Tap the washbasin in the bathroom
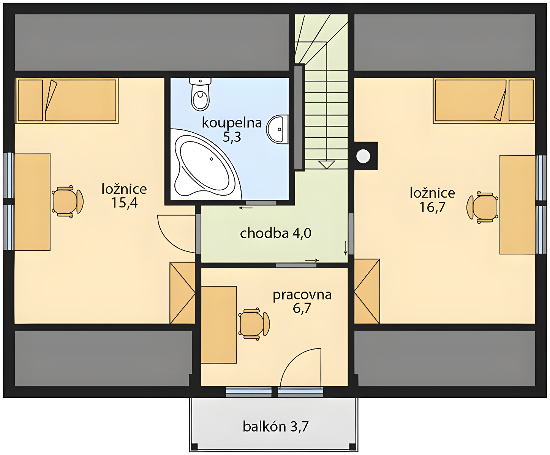click(x=278, y=129)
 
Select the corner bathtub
click(x=205, y=164)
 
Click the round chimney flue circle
click(x=363, y=156)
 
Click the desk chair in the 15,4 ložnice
click(x=68, y=202)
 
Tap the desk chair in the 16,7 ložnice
click(x=482, y=207)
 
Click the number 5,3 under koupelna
click(x=232, y=137)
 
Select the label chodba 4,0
click(x=275, y=233)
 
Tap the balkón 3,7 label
click(x=275, y=426)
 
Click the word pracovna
click(x=302, y=295)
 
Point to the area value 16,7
click(x=432, y=207)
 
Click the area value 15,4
click(x=124, y=203)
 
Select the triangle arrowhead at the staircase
click(x=326, y=165)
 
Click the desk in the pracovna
click(x=219, y=325)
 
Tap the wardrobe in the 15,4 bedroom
click(x=182, y=293)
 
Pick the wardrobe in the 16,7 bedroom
click(x=367, y=291)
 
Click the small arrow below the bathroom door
click(x=245, y=208)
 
